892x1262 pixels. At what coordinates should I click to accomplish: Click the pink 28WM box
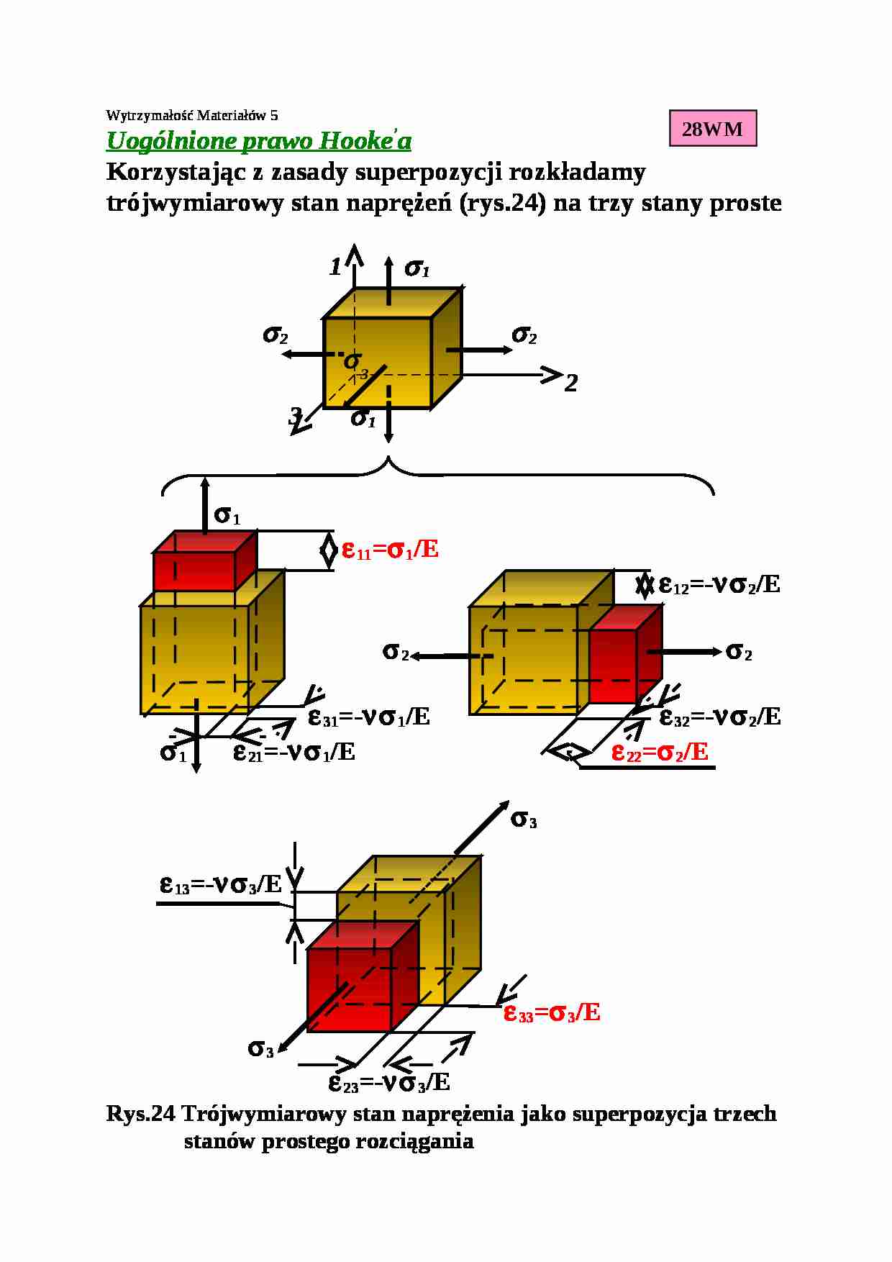tap(712, 129)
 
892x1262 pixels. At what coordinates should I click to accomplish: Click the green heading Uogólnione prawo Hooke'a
tap(259, 140)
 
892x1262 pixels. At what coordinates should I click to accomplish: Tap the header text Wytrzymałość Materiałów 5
tap(191, 115)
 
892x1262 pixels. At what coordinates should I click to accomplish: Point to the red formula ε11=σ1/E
tap(390, 550)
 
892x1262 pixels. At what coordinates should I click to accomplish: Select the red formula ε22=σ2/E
tap(660, 753)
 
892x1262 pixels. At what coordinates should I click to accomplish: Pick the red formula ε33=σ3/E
tap(552, 1013)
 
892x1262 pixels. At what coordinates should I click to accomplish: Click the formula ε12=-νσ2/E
tap(719, 584)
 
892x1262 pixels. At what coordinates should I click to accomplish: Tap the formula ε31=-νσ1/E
tap(369, 717)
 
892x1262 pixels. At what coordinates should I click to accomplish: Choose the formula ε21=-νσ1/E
tap(294, 753)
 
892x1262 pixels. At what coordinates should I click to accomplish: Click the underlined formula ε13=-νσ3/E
tap(221, 884)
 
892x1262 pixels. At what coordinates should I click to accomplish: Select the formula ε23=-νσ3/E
tap(389, 1082)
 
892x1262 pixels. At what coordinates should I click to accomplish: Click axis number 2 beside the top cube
tap(571, 383)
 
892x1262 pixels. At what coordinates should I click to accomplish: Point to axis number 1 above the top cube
tap(335, 268)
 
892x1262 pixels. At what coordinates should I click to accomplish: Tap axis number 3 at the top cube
tap(295, 416)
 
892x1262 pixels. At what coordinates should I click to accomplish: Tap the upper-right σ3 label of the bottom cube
tap(524, 819)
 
